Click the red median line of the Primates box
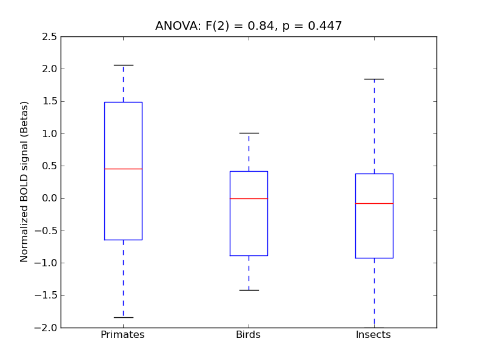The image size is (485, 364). [123, 169]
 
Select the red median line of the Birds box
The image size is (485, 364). [249, 198]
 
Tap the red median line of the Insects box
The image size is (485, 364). [374, 203]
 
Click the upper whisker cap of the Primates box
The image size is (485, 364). [123, 65]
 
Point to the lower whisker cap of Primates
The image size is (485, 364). [123, 317]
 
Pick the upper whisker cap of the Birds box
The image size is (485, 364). [249, 133]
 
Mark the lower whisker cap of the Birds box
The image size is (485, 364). [249, 290]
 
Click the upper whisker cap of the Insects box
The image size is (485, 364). [374, 79]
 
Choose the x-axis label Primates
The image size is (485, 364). [122, 335]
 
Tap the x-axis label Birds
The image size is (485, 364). [248, 335]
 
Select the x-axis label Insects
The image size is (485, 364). [373, 335]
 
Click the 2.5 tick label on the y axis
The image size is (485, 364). [50, 37]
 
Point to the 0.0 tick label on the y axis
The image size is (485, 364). [50, 198]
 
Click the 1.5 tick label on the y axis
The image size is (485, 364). [50, 101]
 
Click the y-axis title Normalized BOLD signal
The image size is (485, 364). [25, 182]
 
